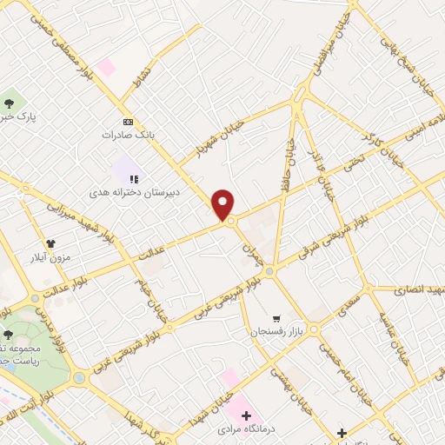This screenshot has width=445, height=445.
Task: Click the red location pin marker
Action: tap(223, 205)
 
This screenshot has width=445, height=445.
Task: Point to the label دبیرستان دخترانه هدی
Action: tap(126, 187)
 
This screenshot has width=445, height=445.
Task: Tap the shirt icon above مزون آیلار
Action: tap(51, 220)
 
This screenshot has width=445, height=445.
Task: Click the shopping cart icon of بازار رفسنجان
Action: tap(276, 319)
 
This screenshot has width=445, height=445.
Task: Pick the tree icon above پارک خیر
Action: tap(10, 103)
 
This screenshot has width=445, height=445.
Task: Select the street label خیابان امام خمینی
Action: tap(335, 361)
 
